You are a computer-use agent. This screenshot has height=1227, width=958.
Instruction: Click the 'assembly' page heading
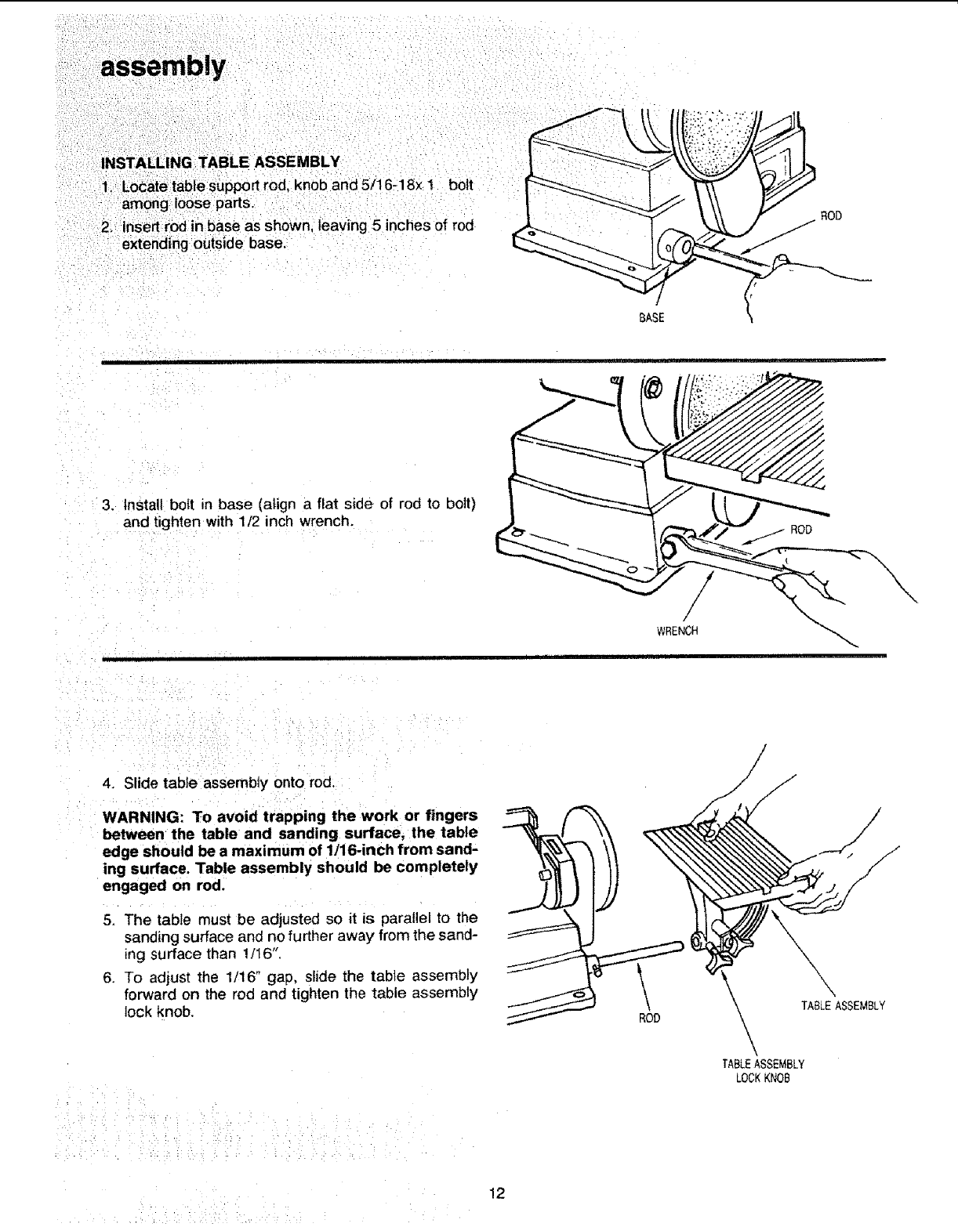pos(162,65)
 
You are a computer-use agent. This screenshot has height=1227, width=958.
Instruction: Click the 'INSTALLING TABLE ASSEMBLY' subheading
pos(220,162)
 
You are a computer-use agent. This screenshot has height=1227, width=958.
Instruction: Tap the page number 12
pos(495,1193)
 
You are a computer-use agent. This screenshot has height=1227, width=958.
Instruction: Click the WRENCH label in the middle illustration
pos(677,630)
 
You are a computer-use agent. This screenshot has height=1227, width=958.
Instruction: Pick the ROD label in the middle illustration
pos(800,529)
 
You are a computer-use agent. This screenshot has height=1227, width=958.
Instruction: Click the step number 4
pos(107,782)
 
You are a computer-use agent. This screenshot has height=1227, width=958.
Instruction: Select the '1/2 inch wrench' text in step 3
pos(310,519)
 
